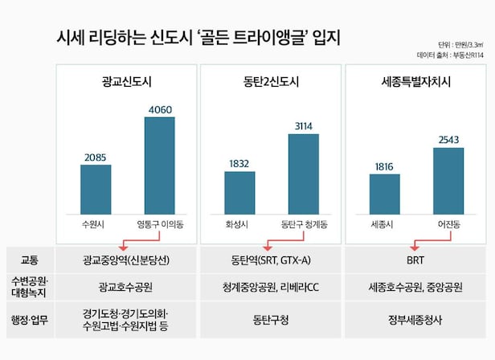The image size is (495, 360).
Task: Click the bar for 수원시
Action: tap(96, 189)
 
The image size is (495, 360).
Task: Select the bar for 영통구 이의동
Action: tap(160, 166)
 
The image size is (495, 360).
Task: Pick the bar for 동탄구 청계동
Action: tap(303, 174)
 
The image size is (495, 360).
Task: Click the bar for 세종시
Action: tap(384, 194)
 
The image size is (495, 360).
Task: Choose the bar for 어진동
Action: tap(448, 181)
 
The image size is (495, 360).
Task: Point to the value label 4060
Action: tap(160, 109)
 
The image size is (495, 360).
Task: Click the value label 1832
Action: tap(239, 163)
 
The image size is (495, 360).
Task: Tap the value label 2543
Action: tap(448, 140)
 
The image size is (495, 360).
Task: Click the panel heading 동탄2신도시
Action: tap(271, 81)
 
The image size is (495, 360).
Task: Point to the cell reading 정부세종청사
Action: tap(415, 317)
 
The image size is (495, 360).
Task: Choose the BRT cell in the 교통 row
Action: tap(415, 260)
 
